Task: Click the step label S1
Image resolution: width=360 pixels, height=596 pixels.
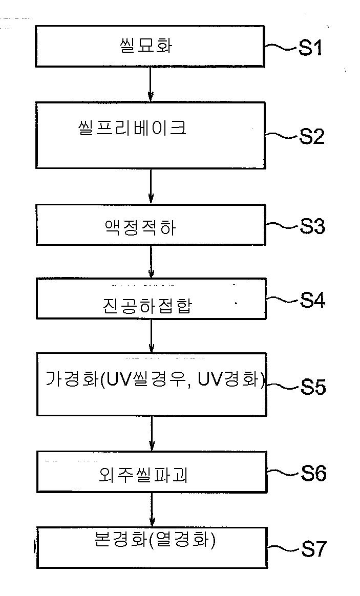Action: (x=310, y=48)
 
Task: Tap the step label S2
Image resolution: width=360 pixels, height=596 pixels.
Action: (x=312, y=137)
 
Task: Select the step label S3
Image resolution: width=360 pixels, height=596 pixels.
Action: (x=312, y=226)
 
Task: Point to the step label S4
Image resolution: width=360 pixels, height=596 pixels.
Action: (x=312, y=301)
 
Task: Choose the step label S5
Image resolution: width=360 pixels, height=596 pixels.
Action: (x=313, y=387)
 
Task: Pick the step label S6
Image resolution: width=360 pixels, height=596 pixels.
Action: (x=313, y=473)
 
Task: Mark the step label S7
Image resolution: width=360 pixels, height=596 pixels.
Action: (x=313, y=549)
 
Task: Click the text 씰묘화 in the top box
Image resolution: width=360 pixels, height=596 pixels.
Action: (x=145, y=46)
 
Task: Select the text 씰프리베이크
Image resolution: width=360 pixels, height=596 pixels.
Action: (x=132, y=127)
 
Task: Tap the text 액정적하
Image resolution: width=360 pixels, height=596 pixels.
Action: (x=140, y=228)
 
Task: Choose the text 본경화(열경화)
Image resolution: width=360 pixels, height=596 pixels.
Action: (x=154, y=540)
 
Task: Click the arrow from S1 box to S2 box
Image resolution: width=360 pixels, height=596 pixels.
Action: (x=151, y=84)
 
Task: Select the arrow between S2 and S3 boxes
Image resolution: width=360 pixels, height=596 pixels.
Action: (x=151, y=186)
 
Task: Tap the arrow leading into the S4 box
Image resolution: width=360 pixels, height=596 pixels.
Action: (x=151, y=262)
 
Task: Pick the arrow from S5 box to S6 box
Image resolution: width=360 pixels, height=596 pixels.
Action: (x=152, y=433)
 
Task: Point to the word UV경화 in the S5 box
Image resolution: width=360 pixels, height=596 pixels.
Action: (x=231, y=379)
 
